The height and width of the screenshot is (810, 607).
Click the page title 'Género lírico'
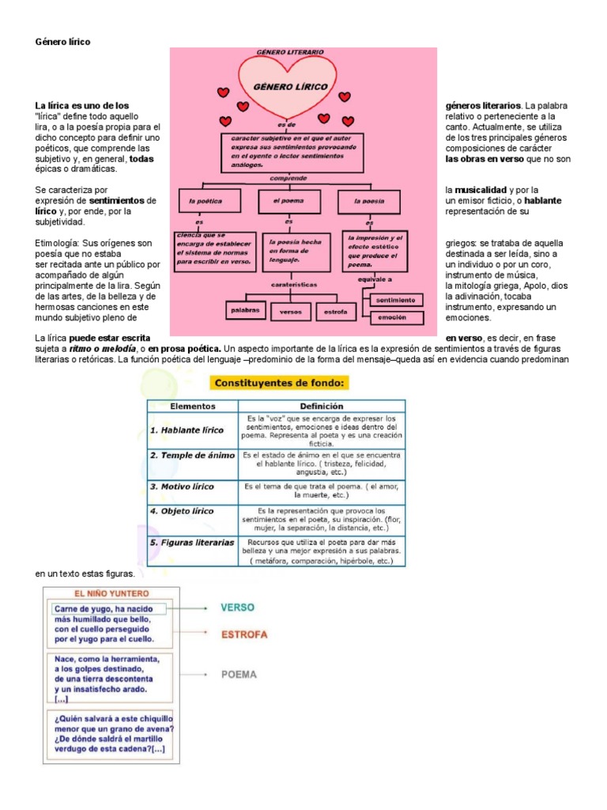click(x=62, y=41)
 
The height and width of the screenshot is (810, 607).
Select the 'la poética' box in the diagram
click(x=208, y=201)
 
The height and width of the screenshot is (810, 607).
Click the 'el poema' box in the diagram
click(x=288, y=201)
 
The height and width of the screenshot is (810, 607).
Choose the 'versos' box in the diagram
click(x=291, y=312)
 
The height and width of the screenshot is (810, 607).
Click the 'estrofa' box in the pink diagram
click(x=336, y=312)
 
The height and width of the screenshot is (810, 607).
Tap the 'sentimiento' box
click(x=397, y=300)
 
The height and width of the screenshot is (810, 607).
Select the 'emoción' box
click(x=397, y=318)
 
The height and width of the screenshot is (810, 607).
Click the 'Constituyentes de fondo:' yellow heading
click(x=280, y=383)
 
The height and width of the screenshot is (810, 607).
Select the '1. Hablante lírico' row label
click(x=187, y=430)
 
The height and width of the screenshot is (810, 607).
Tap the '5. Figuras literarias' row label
click(x=192, y=543)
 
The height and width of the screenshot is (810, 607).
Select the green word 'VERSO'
click(x=238, y=607)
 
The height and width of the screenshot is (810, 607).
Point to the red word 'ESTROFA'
click(x=244, y=634)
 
